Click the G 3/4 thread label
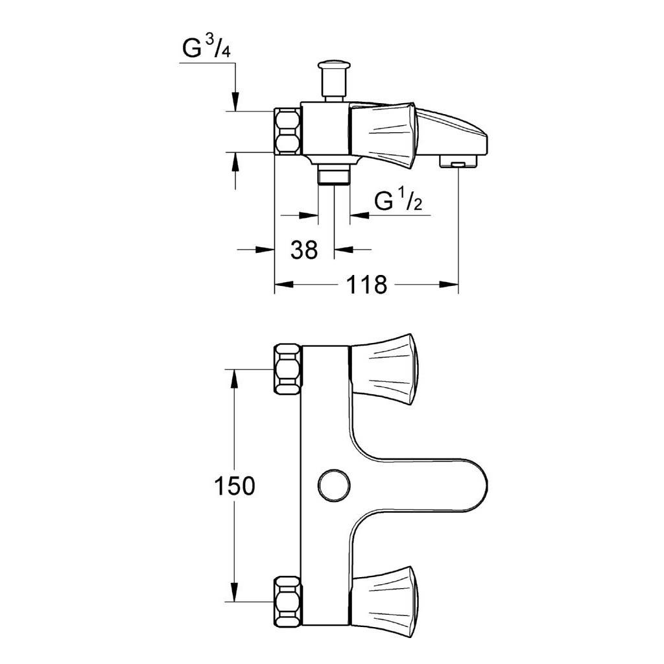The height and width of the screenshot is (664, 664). coord(207,47)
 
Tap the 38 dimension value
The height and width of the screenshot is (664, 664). coord(304,250)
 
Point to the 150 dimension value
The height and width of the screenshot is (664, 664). coord(235,486)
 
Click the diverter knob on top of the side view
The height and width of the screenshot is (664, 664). coord(334,80)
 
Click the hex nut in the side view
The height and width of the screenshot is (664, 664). coord(287,131)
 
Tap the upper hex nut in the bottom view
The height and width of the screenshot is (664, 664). coord(288,369)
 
